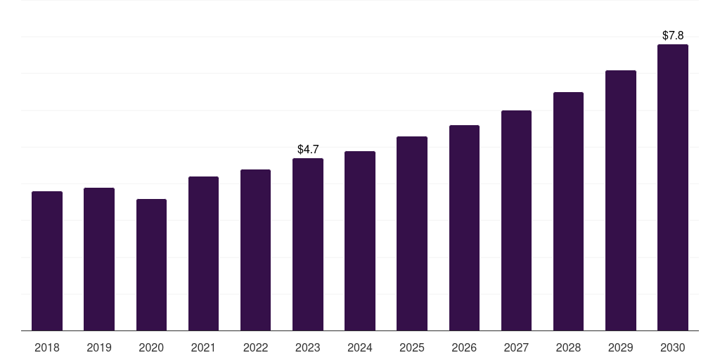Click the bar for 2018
[47, 261]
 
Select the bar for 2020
[151, 265]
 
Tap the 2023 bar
[308, 244]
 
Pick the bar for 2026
[464, 228]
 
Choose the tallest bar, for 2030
[673, 187]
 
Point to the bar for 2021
[203, 253]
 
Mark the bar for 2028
[568, 211]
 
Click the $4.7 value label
[308, 149]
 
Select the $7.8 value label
[673, 35]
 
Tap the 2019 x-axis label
[99, 348]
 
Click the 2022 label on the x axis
[255, 348]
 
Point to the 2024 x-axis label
[360, 348]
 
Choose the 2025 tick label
[412, 348]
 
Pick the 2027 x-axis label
[516, 348]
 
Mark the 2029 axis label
[620, 348]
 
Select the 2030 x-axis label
[673, 348]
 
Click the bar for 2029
[621, 200]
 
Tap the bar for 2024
[360, 241]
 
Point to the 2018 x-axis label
[47, 348]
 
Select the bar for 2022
[255, 250]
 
